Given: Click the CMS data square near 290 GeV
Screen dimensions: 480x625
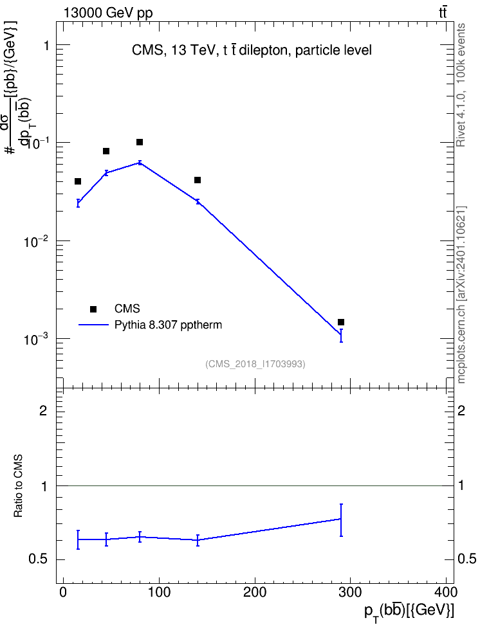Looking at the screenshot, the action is pyautogui.click(x=341, y=322).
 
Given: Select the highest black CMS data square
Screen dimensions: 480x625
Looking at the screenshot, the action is pyautogui.click(x=140, y=142).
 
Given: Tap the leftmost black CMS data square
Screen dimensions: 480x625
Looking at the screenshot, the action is pyautogui.click(x=78, y=181).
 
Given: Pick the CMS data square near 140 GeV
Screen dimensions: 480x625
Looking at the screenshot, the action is pyautogui.click(x=198, y=180).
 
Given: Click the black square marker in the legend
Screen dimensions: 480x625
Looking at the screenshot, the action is pyautogui.click(x=93, y=309).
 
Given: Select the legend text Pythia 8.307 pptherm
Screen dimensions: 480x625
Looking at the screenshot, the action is pyautogui.click(x=168, y=325).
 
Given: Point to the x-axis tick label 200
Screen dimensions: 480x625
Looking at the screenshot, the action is pyautogui.click(x=255, y=592).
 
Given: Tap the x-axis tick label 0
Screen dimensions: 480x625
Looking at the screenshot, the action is pyautogui.click(x=63, y=592).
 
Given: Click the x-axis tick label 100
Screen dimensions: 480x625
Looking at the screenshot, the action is pyautogui.click(x=159, y=592).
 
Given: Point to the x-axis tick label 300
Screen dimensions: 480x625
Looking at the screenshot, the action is pyautogui.click(x=350, y=592).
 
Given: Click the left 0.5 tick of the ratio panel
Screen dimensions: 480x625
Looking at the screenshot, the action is pyautogui.click(x=39, y=559).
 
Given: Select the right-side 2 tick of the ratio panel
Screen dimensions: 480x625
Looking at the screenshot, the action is pyautogui.click(x=461, y=410).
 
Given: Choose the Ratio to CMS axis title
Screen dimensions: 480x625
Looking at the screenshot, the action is pyautogui.click(x=19, y=486).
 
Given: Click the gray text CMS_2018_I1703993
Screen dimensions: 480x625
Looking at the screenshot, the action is pyautogui.click(x=255, y=364).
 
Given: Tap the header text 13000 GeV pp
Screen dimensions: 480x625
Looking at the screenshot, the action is pyautogui.click(x=107, y=13).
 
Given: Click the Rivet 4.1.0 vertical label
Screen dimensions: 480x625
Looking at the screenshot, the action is pyautogui.click(x=461, y=85).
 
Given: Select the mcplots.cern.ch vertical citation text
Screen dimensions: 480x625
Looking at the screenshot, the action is pyautogui.click(x=461, y=295).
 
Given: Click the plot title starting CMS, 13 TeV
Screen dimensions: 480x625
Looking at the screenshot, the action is pyautogui.click(x=252, y=50).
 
